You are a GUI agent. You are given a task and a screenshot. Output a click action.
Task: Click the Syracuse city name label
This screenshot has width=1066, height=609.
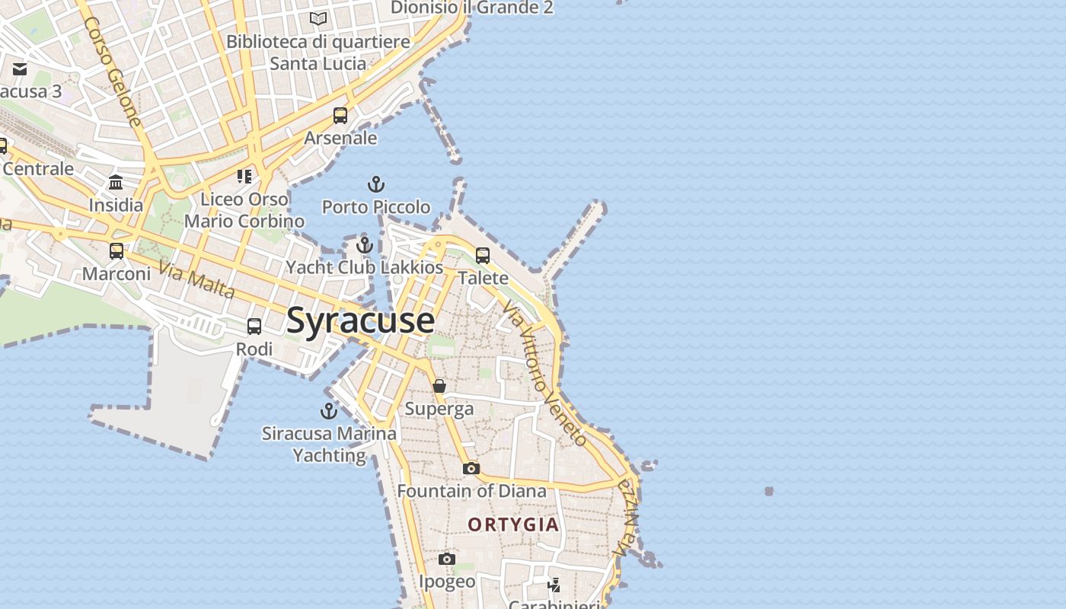click(361, 320)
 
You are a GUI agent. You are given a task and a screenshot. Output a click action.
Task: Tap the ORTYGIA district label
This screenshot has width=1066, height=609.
click(513, 525)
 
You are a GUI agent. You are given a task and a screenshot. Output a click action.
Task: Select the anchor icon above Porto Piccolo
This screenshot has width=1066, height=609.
click(375, 184)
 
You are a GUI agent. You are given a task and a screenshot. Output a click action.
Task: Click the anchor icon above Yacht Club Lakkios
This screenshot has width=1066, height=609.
click(365, 245)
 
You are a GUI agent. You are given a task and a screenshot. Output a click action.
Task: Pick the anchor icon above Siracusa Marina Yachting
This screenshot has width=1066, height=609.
click(329, 411)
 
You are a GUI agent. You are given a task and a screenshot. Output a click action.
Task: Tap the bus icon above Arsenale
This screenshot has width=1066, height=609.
click(340, 116)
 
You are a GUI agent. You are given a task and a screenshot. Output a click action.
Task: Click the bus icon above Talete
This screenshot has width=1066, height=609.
click(483, 256)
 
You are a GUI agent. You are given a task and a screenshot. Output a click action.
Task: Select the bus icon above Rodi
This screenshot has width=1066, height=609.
click(254, 327)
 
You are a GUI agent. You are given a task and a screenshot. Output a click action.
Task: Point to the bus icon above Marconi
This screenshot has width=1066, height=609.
click(116, 251)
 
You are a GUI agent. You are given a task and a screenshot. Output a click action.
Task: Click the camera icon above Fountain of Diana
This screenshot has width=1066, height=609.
click(471, 468)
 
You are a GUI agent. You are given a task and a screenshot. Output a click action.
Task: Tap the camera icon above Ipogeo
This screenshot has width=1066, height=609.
click(447, 560)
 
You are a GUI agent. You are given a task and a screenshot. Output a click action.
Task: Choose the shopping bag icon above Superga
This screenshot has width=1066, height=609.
click(439, 386)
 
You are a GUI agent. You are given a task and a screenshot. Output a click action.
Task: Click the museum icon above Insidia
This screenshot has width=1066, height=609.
click(116, 183)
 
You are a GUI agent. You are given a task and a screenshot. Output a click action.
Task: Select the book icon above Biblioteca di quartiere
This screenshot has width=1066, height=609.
click(318, 19)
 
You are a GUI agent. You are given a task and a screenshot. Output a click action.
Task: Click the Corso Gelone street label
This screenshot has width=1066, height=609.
click(113, 72)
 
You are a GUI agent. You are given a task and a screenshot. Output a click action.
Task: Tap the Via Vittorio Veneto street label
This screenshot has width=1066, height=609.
click(545, 372)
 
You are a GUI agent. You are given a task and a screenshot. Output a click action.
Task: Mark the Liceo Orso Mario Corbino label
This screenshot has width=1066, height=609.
click(244, 210)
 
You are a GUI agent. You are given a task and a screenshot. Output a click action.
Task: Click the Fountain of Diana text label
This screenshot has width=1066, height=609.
click(471, 491)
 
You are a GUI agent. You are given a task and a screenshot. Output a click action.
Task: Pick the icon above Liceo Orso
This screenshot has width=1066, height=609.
click(244, 177)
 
